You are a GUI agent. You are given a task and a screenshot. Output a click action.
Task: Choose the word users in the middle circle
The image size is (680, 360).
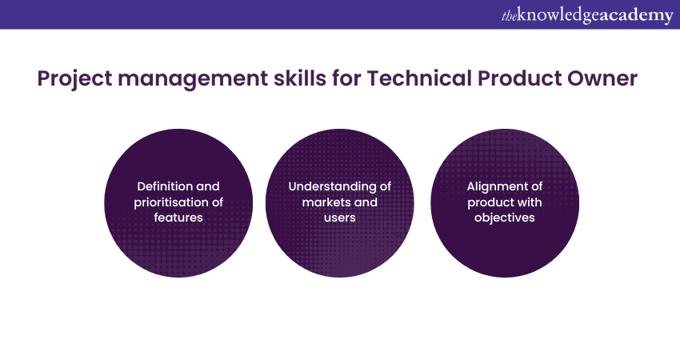tap(339, 218)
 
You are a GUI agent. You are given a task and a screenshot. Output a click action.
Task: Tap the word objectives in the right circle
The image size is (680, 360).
tap(504, 218)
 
